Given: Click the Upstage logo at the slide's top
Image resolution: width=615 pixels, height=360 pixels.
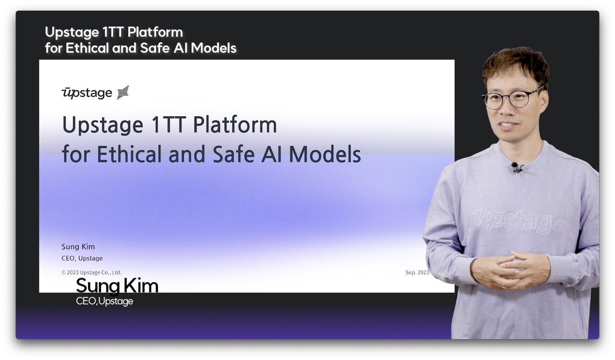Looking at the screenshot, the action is pyautogui.click(x=87, y=93).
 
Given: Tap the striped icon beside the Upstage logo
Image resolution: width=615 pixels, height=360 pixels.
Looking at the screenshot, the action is pyautogui.click(x=123, y=92).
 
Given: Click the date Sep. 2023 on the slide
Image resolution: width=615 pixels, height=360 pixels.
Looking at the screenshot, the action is pyautogui.click(x=417, y=272).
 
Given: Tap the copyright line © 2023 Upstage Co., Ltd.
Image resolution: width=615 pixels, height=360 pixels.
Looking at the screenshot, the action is pyautogui.click(x=91, y=273).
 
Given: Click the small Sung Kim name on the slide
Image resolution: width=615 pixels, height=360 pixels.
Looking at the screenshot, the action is pyautogui.click(x=78, y=247).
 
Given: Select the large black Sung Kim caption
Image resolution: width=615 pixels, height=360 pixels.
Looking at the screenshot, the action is pyautogui.click(x=117, y=286).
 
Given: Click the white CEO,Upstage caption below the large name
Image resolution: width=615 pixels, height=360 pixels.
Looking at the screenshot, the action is pyautogui.click(x=104, y=301).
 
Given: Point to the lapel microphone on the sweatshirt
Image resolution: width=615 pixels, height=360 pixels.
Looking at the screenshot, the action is pyautogui.click(x=516, y=167).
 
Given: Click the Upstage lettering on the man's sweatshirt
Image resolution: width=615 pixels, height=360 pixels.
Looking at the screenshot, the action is pyautogui.click(x=517, y=220).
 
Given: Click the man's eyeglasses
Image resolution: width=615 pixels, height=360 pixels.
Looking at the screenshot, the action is pyautogui.click(x=512, y=98).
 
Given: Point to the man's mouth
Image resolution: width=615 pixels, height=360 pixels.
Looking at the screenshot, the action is pyautogui.click(x=508, y=125).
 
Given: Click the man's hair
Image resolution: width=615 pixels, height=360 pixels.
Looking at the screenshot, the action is pyautogui.click(x=516, y=66).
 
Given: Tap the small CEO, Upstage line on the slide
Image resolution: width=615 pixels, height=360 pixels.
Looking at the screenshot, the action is pyautogui.click(x=82, y=259).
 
